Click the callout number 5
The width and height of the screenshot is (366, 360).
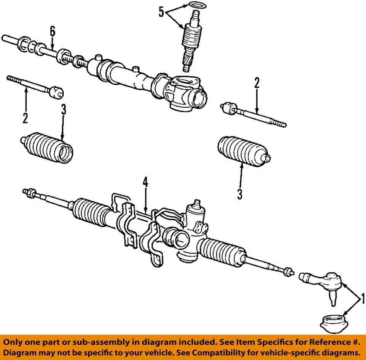tap(161, 12)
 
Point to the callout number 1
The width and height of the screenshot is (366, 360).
tap(362, 298)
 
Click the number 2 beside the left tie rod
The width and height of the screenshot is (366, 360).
tap(25, 118)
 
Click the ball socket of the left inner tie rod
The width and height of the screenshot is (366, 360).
tap(57, 92)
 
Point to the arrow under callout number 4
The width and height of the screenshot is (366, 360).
tap(145, 200)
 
